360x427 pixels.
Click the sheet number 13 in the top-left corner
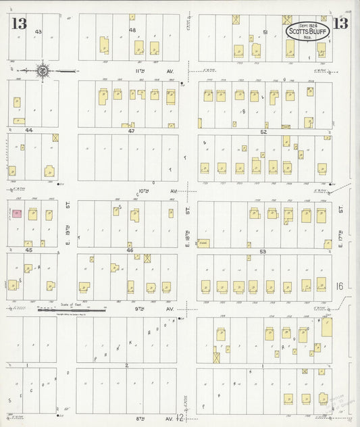pos(19,25)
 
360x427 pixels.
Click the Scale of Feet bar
pos(71,310)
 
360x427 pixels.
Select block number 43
pos(38,32)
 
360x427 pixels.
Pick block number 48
pos(132,30)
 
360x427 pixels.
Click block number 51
pos(265,32)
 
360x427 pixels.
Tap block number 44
pos(29,129)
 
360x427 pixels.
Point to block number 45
pos(29,250)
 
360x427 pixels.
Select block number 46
pos(130,250)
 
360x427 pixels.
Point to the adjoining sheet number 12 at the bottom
pos(180,418)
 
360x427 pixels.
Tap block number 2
pos(126,365)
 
